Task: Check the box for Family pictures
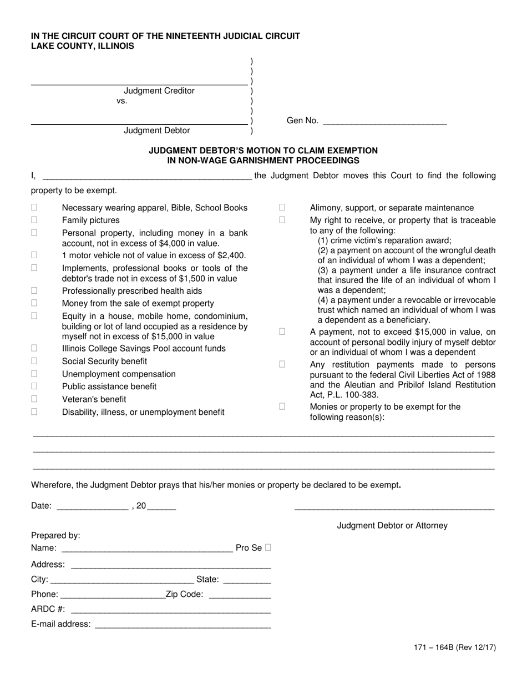34,220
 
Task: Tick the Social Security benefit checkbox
34,361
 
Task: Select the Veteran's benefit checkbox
34,399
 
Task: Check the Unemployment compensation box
34,374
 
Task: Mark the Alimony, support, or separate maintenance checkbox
282,207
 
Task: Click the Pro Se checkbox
268,548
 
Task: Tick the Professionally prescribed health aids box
34,290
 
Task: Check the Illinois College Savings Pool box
34,348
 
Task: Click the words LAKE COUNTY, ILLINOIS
82,46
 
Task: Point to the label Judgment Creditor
159,91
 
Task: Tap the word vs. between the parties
122,101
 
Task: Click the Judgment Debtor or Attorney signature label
392,525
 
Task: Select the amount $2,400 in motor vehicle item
232,255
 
